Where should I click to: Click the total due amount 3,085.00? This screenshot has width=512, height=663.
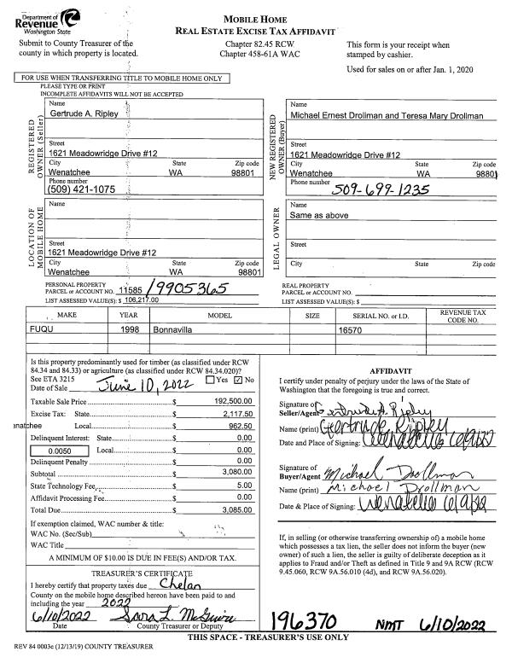(239, 509)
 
